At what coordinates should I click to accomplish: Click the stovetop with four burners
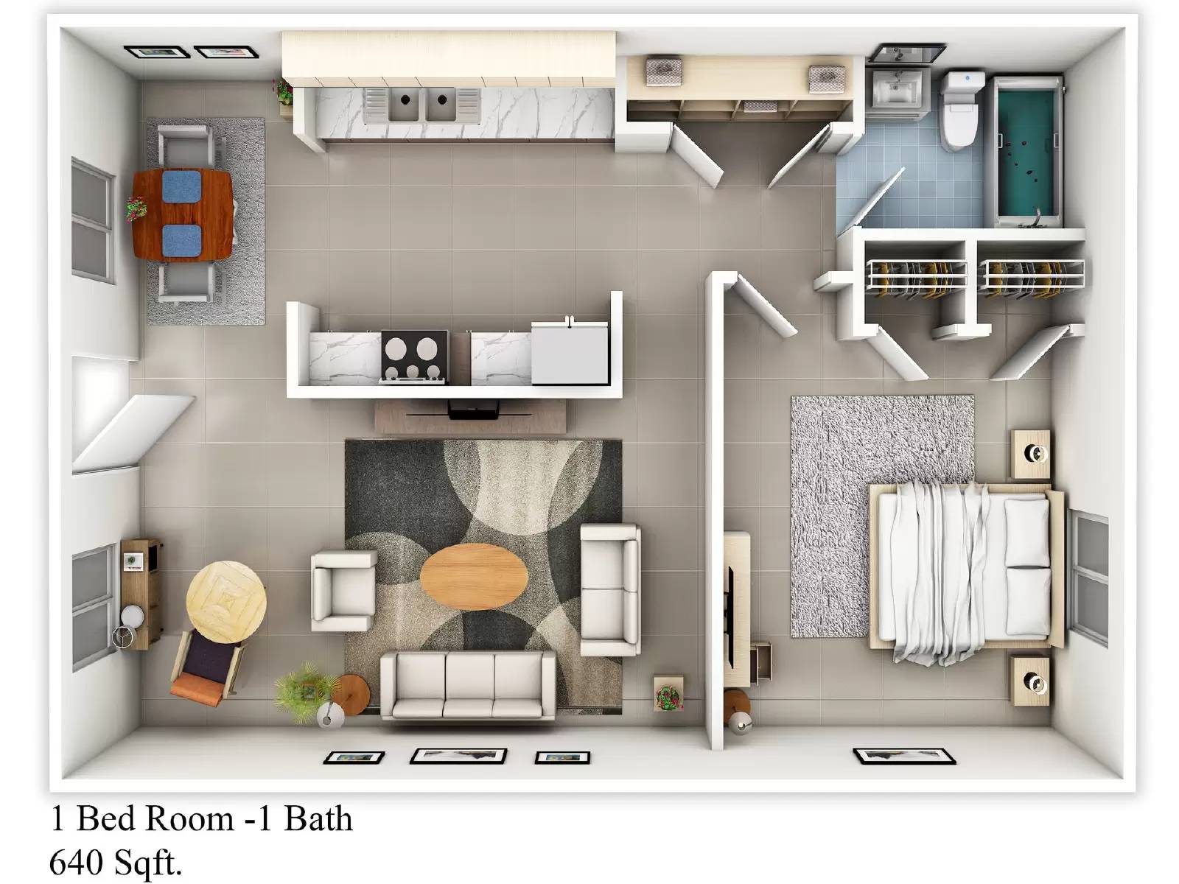(x=414, y=357)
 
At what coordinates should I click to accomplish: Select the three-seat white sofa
(x=467, y=685)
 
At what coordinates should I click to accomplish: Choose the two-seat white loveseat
(x=609, y=589)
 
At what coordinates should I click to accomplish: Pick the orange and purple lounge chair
(x=208, y=667)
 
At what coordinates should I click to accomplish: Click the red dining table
(x=183, y=214)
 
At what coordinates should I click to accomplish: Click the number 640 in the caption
(x=76, y=862)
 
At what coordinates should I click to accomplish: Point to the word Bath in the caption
(x=318, y=818)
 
